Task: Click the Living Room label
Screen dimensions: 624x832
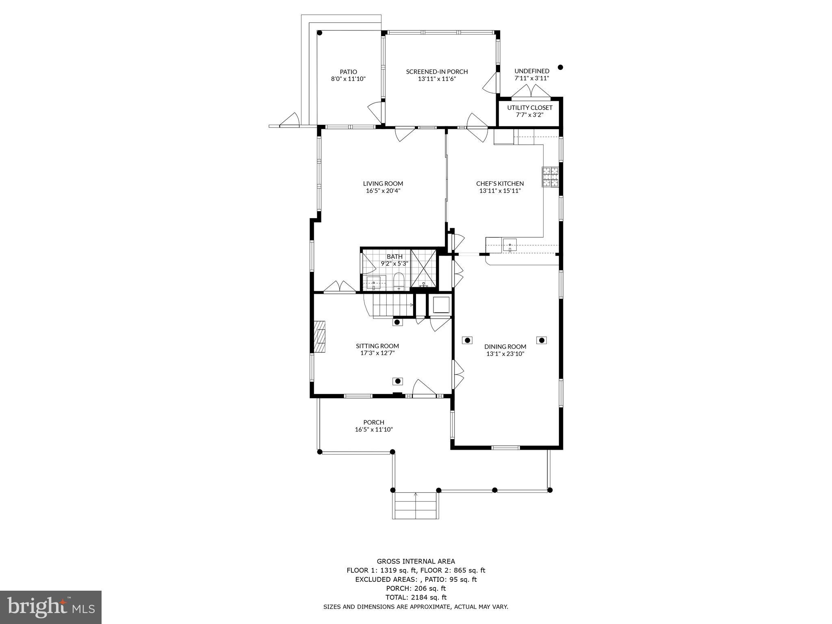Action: click(383, 184)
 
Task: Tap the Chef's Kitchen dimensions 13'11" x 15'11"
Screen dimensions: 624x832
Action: click(500, 191)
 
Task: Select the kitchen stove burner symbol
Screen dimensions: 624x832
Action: click(550, 177)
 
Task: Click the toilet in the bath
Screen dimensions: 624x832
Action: click(399, 282)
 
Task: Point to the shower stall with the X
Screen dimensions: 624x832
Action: click(423, 269)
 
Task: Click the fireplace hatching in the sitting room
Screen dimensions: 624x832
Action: click(320, 336)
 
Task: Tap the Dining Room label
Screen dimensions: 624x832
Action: click(505, 347)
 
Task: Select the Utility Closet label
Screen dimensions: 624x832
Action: click(529, 108)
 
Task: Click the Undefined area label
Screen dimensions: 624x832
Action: click(531, 71)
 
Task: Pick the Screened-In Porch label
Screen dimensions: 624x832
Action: click(437, 72)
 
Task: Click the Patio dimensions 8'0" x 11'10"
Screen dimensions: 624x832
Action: click(348, 79)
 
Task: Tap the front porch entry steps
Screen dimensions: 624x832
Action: click(415, 505)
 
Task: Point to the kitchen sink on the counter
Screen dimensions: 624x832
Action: click(510, 245)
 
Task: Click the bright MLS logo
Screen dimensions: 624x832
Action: click(51, 607)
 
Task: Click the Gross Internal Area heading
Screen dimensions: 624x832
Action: click(416, 561)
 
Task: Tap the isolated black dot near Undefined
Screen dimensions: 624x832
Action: click(560, 67)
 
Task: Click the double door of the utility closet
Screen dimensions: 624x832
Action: click(531, 92)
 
